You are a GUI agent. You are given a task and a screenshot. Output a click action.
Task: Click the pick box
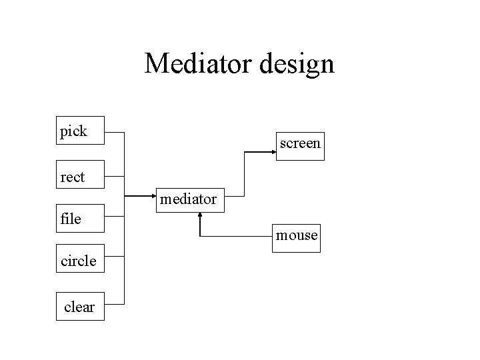point(80,131)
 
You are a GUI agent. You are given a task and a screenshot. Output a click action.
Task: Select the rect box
point(80,174)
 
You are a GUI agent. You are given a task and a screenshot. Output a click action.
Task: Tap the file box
point(80,218)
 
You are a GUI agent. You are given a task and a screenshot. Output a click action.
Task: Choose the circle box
point(80,259)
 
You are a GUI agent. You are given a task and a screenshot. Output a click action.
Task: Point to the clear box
point(80,306)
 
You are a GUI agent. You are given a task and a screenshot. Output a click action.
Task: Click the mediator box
point(190,200)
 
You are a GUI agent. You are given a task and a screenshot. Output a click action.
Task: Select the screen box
point(300,146)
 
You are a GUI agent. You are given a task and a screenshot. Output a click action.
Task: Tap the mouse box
point(296,238)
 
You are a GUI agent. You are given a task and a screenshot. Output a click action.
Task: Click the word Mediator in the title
point(198,63)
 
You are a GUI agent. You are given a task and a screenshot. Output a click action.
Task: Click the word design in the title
point(297,65)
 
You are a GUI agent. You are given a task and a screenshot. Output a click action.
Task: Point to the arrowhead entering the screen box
point(274,152)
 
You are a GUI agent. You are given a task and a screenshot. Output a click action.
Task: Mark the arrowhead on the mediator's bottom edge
point(200,215)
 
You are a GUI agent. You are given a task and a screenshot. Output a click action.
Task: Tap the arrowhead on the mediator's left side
point(154,196)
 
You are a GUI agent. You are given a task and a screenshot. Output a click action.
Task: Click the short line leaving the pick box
point(115,133)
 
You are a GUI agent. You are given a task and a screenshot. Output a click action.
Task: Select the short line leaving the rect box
point(115,176)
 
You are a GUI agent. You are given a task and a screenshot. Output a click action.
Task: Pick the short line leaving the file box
point(115,217)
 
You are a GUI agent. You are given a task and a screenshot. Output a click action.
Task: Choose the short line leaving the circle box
point(115,256)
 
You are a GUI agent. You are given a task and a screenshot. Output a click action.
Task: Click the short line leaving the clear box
point(115,304)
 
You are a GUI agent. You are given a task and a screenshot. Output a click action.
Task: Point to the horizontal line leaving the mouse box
point(236,236)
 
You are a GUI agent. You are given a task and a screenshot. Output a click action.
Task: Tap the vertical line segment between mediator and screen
point(244,174)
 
